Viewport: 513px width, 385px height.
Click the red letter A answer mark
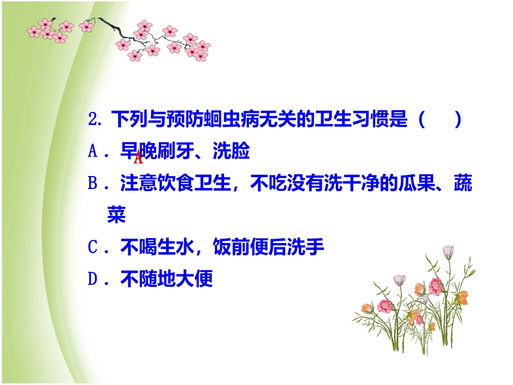pos(138,158)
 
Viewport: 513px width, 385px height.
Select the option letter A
pos(92,153)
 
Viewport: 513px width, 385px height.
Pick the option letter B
pos(92,185)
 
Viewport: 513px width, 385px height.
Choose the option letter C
pos(92,248)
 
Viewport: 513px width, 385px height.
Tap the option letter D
pos(92,280)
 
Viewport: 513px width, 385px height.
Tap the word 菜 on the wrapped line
pos(116,216)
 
